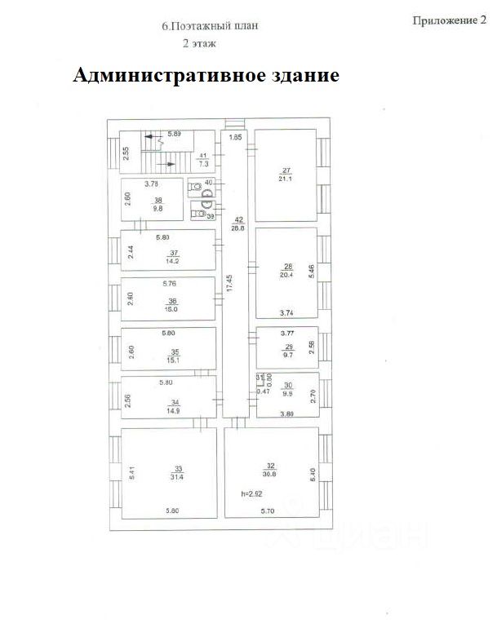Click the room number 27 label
(x=286, y=170)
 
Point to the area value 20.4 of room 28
(x=286, y=276)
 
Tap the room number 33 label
(x=178, y=468)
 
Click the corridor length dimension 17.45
(x=230, y=284)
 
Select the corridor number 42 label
(x=239, y=219)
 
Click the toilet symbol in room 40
(x=195, y=187)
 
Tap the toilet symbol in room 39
(x=197, y=214)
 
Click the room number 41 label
(x=204, y=155)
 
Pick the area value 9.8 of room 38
(x=159, y=208)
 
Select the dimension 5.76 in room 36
(x=169, y=283)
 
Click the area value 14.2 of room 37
(x=172, y=263)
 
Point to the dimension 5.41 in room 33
(x=130, y=471)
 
